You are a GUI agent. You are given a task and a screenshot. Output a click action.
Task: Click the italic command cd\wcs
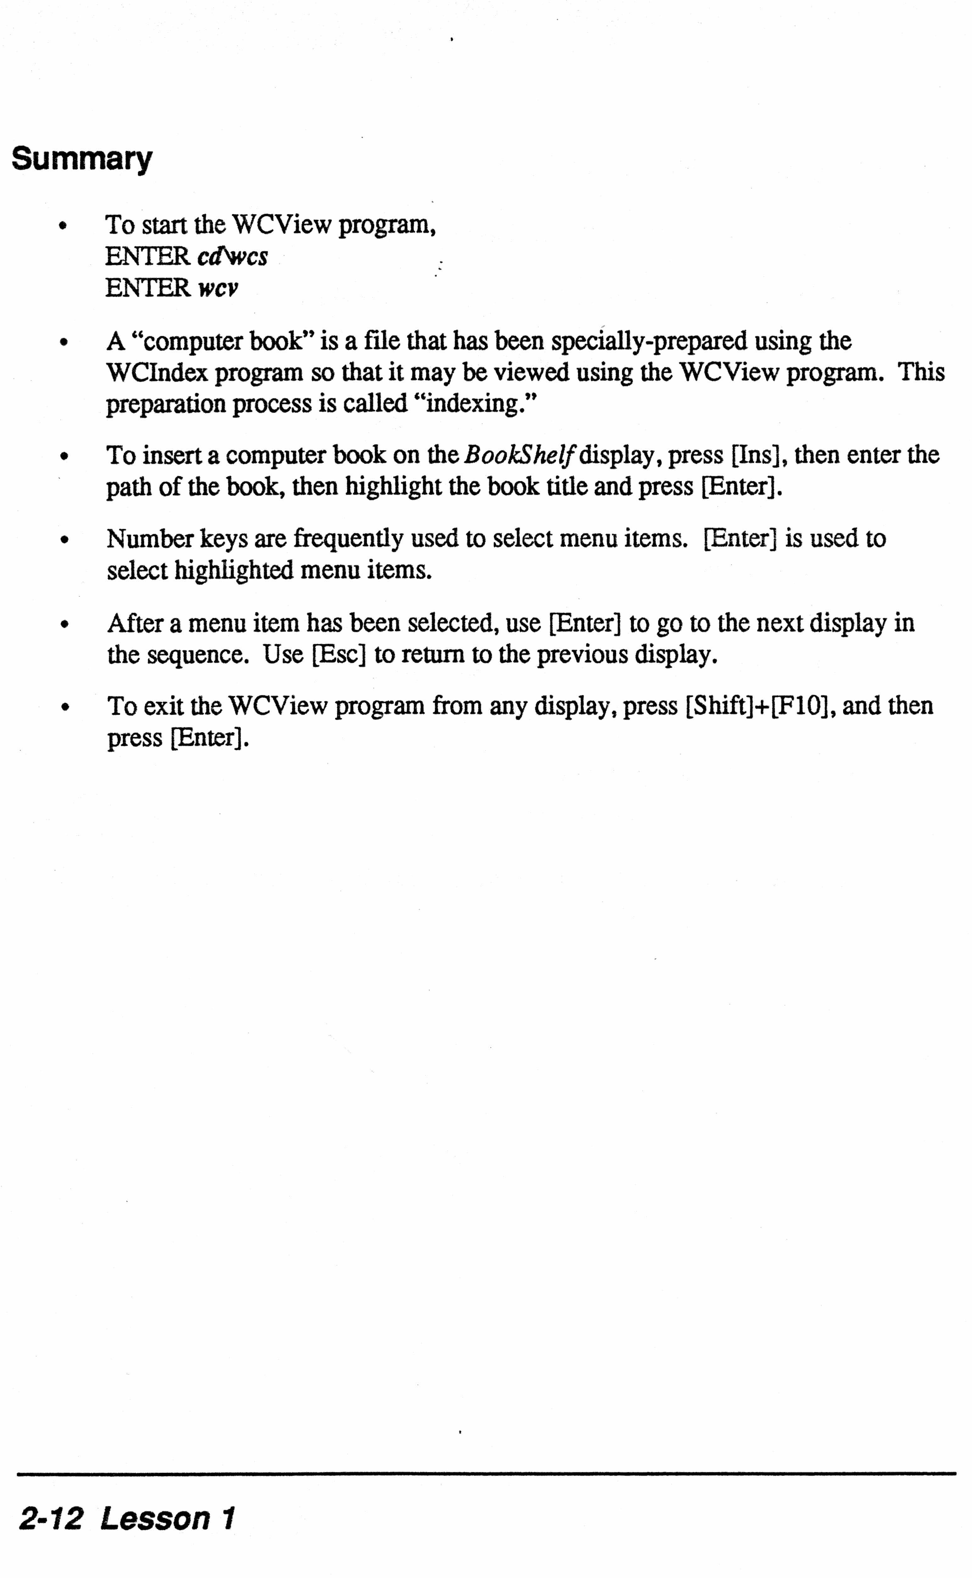[x=232, y=256]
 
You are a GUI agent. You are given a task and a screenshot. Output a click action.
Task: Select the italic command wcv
[x=218, y=288]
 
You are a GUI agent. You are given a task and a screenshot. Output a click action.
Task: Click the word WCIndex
[x=158, y=372]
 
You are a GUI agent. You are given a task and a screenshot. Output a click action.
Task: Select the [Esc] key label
[x=339, y=655]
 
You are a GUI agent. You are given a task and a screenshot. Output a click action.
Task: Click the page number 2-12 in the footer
[x=51, y=1519]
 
